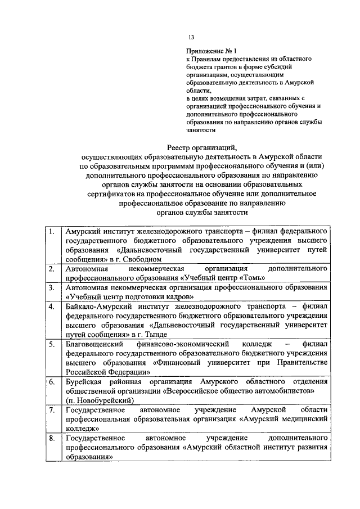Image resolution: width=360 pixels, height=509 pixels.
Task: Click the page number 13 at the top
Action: click(x=191, y=37)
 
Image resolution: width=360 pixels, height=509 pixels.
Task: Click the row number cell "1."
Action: click(x=52, y=232)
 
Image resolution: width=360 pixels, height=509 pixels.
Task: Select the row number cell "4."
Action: click(x=52, y=306)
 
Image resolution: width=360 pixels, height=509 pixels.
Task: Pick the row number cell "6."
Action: click(x=52, y=381)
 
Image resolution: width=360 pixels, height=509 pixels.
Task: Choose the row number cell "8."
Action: click(x=52, y=437)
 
